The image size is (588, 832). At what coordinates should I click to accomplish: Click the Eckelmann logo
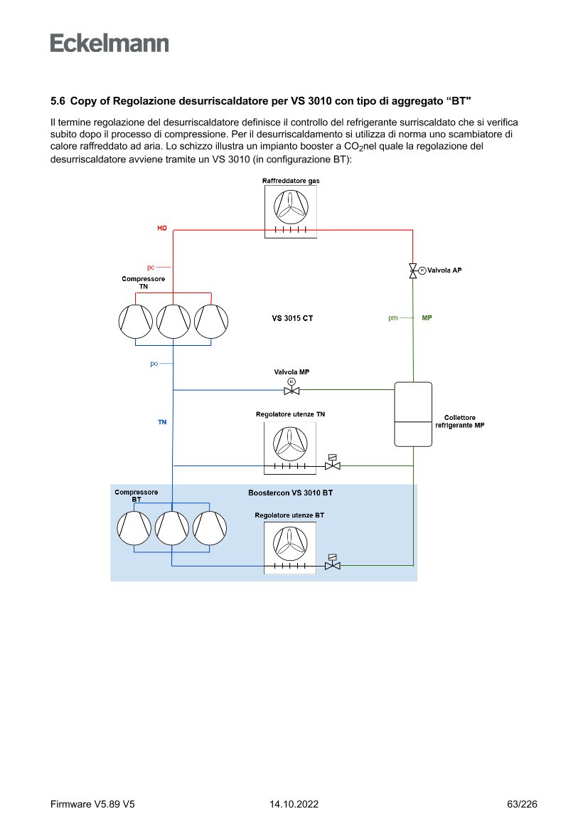tap(109, 43)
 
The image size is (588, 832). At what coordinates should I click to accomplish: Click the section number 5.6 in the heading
tap(58, 101)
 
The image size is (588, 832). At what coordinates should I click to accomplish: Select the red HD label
tap(162, 228)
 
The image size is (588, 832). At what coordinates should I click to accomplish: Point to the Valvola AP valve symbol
tap(413, 270)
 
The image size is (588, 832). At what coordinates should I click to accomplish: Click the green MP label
tap(427, 317)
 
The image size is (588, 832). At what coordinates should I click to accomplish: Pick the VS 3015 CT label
tap(292, 318)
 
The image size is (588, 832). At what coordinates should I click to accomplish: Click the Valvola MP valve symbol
tap(292, 389)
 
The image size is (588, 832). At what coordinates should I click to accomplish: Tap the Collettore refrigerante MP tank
tap(413, 414)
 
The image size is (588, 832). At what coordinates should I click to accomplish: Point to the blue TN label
tap(162, 422)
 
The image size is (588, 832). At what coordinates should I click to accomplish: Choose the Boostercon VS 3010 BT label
tap(290, 493)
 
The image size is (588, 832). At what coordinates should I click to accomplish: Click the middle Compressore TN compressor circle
tap(173, 321)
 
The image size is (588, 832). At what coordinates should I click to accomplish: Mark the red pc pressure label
tap(151, 268)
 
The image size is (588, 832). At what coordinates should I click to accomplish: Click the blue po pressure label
tap(154, 364)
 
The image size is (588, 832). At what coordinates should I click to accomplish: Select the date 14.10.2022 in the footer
tap(294, 804)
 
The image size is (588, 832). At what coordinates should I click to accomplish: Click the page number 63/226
tap(522, 804)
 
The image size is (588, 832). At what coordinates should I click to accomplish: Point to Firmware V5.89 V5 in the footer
tap(92, 804)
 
